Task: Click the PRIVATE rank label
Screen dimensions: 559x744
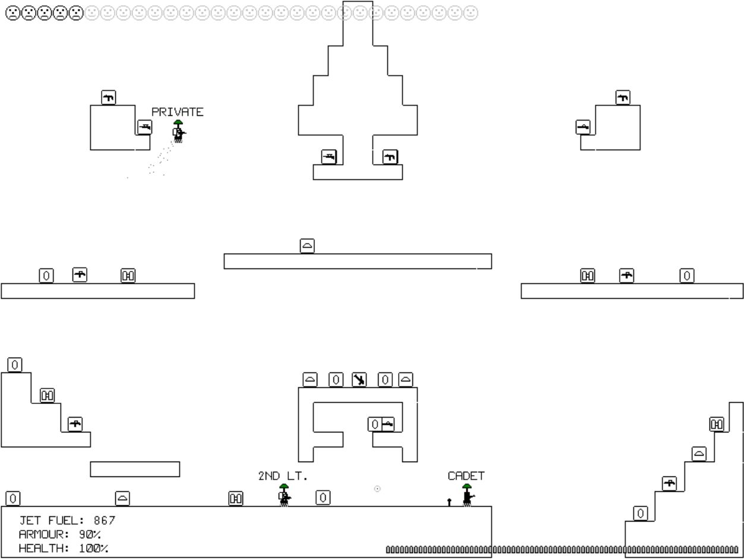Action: (x=177, y=112)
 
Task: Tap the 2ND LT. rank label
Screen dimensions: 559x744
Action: (x=283, y=476)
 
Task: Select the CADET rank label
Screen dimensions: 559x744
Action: (x=466, y=476)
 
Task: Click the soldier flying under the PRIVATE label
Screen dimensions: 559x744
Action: (x=178, y=131)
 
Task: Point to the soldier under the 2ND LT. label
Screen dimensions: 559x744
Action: (x=284, y=495)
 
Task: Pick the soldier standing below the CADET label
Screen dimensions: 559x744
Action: (x=468, y=495)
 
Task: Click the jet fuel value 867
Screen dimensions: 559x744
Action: (x=105, y=521)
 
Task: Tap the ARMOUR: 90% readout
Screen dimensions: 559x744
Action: (x=59, y=535)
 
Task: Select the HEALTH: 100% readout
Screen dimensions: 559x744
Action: (x=63, y=548)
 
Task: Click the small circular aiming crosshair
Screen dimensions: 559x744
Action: (x=377, y=489)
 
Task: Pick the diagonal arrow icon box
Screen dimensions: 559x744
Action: (x=360, y=380)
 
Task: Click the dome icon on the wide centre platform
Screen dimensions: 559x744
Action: (x=307, y=245)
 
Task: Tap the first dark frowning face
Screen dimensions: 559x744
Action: (x=12, y=12)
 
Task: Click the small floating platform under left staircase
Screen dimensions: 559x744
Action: (x=135, y=469)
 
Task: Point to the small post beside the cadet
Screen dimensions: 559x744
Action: (x=449, y=503)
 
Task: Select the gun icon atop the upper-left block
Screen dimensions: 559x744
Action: (x=108, y=97)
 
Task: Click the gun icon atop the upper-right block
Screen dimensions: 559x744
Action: (x=622, y=97)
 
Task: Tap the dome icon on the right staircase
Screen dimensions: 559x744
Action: (x=699, y=454)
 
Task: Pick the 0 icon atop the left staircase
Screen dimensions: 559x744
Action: (x=15, y=365)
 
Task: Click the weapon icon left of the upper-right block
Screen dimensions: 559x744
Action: (x=583, y=127)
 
